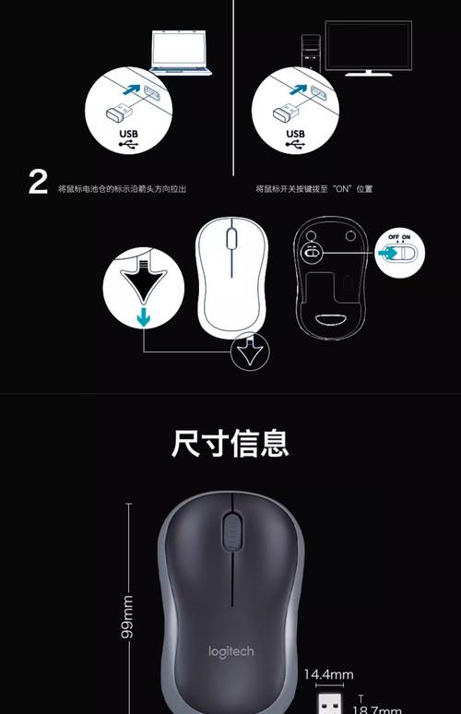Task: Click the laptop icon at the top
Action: [181, 53]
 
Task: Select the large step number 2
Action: [37, 183]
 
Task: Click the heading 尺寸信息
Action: [230, 443]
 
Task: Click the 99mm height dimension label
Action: [128, 616]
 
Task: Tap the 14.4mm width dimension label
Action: [328, 674]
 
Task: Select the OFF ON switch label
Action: [400, 236]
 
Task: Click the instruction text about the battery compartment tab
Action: [122, 189]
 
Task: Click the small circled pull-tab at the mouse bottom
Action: [249, 351]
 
